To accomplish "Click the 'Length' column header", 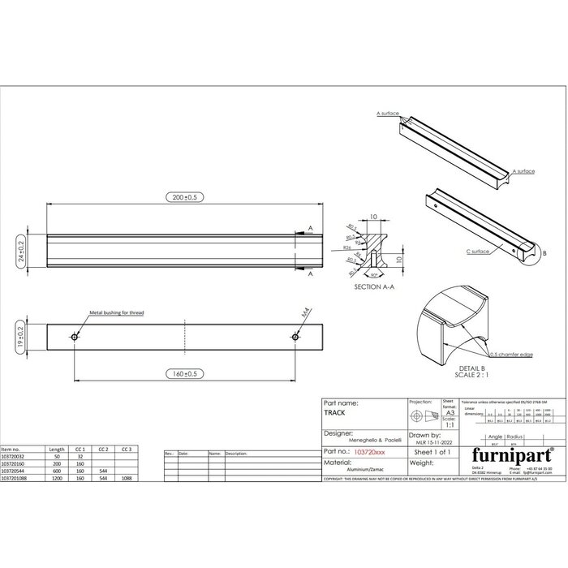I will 57,449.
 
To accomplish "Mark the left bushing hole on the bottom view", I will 75,337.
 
